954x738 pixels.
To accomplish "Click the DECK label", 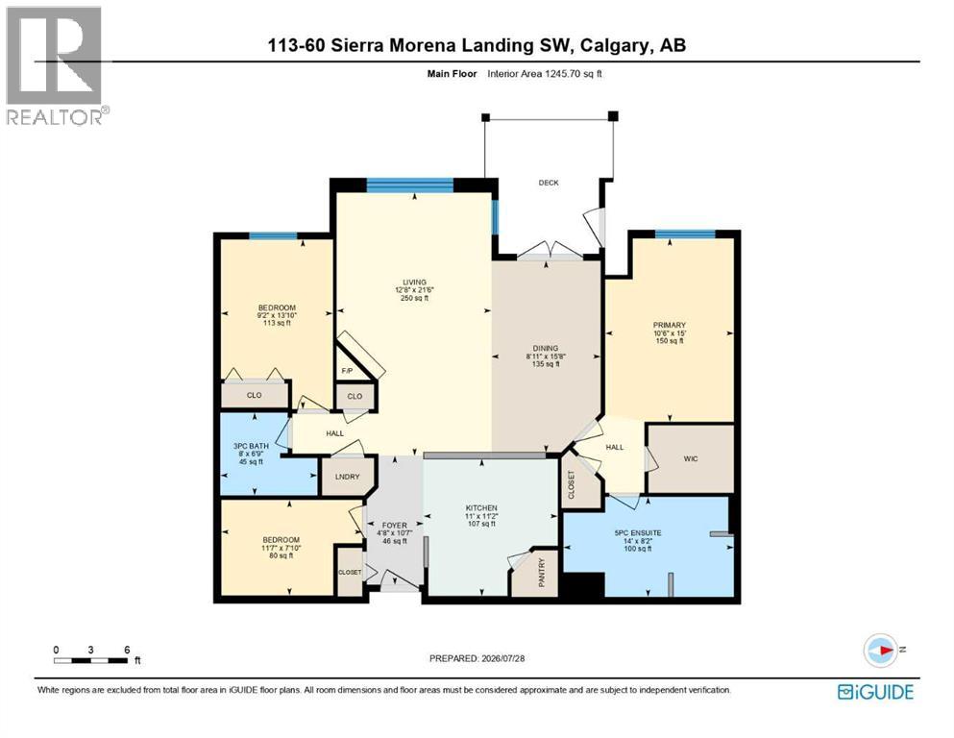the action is tap(549, 183).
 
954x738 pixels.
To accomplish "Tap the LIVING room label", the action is tap(414, 283).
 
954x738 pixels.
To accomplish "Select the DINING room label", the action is tap(546, 349).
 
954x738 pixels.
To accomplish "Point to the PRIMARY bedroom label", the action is tap(670, 326).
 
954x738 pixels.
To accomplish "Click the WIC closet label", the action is tap(691, 458).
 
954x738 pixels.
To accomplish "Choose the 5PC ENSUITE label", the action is tap(638, 533).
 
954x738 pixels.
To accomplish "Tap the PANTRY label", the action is tap(542, 573).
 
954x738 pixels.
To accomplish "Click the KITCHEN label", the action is tap(481, 508).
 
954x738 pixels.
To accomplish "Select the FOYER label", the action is tap(394, 525).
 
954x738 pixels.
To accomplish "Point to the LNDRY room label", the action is tap(348, 477).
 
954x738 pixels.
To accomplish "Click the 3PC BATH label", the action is tap(251, 446).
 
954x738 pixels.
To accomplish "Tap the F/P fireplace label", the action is tap(348, 371).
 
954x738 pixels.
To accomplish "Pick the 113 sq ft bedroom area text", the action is tap(277, 323).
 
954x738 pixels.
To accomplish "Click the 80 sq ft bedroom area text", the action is tap(281, 555).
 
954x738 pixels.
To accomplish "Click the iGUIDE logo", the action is tap(875, 693).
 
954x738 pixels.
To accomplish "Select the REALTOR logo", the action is tap(56, 65).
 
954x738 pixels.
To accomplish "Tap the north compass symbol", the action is tap(881, 650).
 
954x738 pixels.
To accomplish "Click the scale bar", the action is tap(91, 660).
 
